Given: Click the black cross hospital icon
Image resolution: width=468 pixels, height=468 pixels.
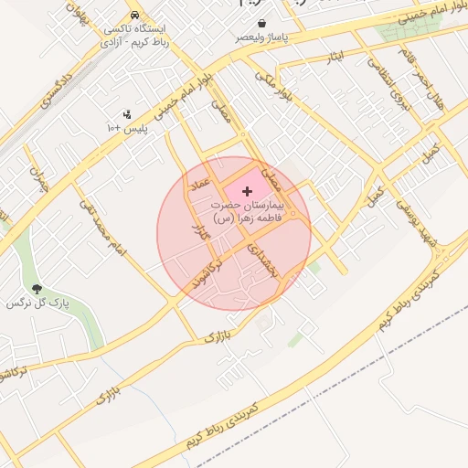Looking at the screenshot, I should (247, 190).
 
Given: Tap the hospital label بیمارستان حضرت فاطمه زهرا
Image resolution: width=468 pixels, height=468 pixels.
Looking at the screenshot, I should (249, 213).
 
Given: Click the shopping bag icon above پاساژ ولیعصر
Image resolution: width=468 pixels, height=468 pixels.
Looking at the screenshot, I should (262, 23).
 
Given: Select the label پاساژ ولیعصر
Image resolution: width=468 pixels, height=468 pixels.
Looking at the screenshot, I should (262, 37).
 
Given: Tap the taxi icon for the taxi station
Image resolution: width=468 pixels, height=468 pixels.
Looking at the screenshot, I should (135, 16).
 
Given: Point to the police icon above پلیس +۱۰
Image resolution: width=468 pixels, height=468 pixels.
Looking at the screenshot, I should (127, 115).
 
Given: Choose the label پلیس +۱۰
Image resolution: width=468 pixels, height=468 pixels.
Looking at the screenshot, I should (127, 129).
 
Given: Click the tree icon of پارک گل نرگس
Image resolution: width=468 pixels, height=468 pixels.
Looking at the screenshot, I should (37, 289).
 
